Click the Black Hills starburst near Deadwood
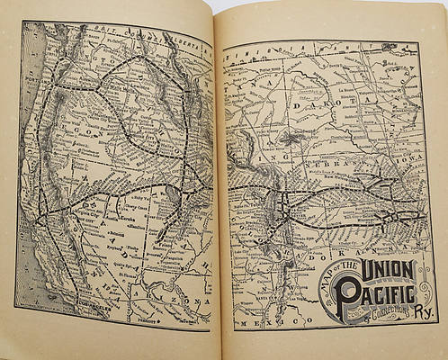(x=290, y=138)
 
